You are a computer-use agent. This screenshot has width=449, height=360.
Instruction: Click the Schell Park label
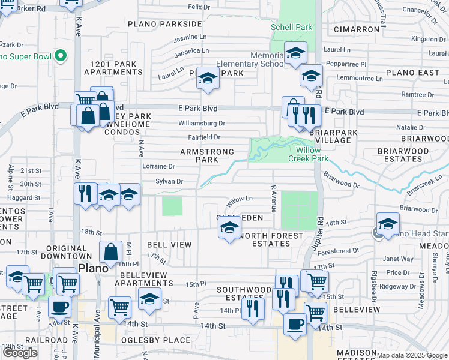(x=292, y=27)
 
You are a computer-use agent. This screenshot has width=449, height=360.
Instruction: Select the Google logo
(x=20, y=353)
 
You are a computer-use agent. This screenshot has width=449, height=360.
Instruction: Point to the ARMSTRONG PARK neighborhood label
(x=206, y=156)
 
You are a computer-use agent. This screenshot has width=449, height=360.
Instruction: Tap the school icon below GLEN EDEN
(x=229, y=228)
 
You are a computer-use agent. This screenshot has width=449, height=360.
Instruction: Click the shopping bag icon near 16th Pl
(x=111, y=253)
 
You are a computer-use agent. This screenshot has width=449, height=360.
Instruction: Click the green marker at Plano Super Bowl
(x=60, y=56)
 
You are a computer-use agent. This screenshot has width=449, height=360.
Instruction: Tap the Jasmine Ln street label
(x=190, y=38)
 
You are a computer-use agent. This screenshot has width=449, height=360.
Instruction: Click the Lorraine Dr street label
(x=158, y=166)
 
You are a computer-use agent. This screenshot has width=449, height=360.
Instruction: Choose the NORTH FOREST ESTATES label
(x=270, y=239)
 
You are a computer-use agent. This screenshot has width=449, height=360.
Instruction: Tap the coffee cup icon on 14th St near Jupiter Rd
(x=294, y=324)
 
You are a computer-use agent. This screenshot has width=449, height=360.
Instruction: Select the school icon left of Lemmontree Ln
(x=311, y=76)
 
